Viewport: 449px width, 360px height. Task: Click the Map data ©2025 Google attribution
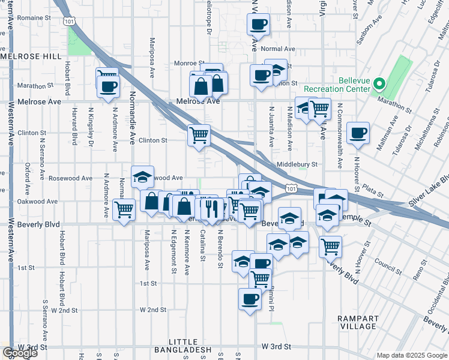412,355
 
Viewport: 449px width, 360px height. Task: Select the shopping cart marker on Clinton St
199,134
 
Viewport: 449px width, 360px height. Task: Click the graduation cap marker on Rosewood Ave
142,176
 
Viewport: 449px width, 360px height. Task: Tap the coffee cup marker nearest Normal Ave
258,25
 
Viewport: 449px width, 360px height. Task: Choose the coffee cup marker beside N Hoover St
358,133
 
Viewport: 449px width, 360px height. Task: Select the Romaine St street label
34,19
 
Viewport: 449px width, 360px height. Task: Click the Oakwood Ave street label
32,202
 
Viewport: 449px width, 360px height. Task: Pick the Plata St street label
372,193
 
